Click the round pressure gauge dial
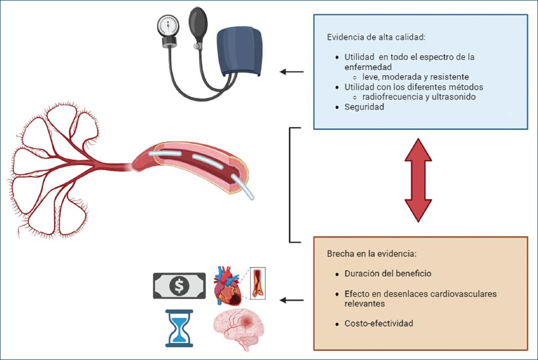168,26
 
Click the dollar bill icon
179,286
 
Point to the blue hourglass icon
179,328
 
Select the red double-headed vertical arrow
418,180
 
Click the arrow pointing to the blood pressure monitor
291,72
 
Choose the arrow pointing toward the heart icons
291,300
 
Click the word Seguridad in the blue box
364,107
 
